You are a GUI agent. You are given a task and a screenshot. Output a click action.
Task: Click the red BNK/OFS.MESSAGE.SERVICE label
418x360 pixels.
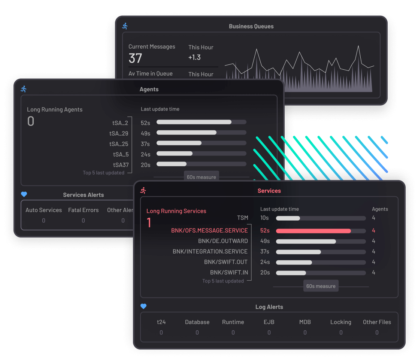[209, 230]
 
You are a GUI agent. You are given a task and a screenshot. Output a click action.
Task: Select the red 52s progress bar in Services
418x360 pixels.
[313, 231]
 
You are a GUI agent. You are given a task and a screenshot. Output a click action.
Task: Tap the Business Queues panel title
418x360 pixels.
[251, 26]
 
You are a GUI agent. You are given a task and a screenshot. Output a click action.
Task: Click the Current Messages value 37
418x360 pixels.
[135, 58]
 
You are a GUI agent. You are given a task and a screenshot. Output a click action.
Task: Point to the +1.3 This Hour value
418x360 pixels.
[194, 57]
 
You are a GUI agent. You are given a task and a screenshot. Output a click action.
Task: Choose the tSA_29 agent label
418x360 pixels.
[119, 133]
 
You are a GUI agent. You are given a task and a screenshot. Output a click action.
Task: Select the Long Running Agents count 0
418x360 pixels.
[31, 121]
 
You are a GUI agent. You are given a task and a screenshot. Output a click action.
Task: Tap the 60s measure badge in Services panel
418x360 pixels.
[321, 286]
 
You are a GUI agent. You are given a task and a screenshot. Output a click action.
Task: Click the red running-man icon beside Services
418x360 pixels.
[143, 190]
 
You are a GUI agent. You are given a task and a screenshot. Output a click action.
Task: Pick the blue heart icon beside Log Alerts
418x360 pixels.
[143, 306]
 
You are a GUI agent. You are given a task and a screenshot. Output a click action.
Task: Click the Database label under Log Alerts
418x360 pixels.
[197, 322]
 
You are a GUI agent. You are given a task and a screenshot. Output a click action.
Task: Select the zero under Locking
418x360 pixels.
[341, 333]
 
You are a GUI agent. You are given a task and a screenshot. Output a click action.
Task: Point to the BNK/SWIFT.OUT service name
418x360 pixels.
[226, 262]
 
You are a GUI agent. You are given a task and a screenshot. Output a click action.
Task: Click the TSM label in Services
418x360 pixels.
[243, 218]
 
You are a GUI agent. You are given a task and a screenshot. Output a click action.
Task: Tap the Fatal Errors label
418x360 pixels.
[83, 210]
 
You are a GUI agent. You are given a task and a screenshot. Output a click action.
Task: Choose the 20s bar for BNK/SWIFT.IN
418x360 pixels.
[291, 273]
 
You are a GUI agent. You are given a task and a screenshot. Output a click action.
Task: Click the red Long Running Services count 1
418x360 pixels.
[149, 223]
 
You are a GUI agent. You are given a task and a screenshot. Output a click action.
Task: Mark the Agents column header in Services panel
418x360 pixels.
[380, 209]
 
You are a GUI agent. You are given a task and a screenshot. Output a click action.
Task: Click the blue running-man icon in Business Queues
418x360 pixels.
[125, 26]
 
